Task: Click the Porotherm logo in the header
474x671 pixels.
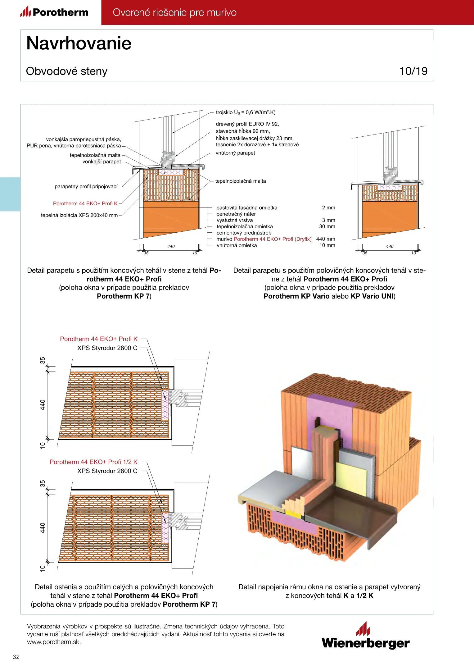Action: [x=55, y=12]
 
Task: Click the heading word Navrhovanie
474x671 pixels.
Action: [x=79, y=43]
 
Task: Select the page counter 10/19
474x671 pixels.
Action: [x=413, y=71]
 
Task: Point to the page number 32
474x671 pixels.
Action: [x=16, y=657]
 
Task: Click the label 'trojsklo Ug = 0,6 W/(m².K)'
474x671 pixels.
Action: [x=246, y=112]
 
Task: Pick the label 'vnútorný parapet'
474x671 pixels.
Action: [x=235, y=153]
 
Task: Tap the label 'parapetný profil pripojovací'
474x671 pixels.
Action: [x=86, y=186]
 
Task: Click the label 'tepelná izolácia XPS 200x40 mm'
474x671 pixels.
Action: [x=79, y=215]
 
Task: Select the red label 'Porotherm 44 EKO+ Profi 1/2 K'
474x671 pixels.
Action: [x=93, y=462]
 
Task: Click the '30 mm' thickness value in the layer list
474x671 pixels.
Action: [x=327, y=226]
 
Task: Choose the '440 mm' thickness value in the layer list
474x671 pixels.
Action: [x=326, y=239]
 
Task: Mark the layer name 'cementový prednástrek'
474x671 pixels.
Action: [x=244, y=233]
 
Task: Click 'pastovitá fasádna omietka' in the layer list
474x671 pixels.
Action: [x=247, y=208]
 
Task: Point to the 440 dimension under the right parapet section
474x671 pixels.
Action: [x=390, y=246]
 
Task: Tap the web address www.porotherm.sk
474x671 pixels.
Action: [x=54, y=642]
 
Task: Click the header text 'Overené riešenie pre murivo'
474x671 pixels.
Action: [x=174, y=12]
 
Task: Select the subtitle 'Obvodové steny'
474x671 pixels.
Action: [x=67, y=71]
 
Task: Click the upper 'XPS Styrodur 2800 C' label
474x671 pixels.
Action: [x=107, y=348]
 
